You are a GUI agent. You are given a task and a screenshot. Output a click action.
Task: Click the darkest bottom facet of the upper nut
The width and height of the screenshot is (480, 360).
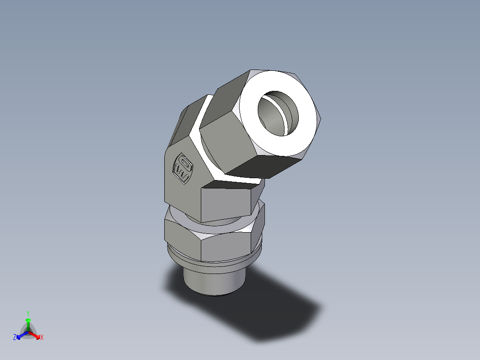(x=267, y=167)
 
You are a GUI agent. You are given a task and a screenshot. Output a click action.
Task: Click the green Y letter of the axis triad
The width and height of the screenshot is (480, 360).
(x=28, y=313)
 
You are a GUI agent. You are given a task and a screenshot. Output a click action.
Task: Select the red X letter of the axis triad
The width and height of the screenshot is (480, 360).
(x=42, y=338)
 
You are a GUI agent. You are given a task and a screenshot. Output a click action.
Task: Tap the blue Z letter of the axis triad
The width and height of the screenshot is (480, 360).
(x=15, y=338)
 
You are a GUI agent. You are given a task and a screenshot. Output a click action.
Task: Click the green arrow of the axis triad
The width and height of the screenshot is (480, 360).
(x=28, y=322)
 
